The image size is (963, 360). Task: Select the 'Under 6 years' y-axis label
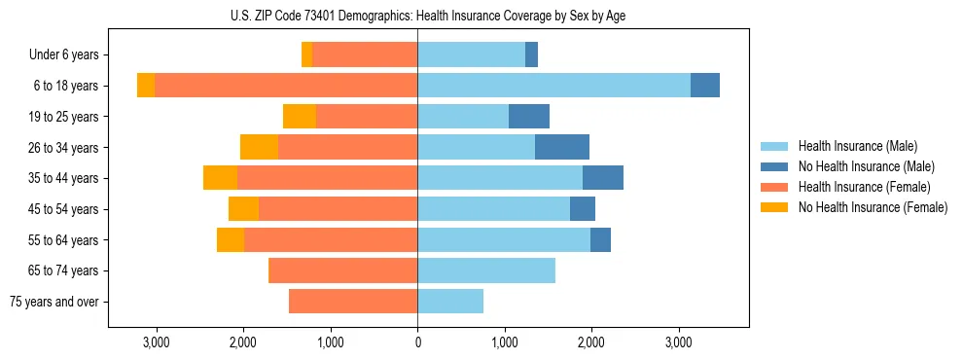coord(64,55)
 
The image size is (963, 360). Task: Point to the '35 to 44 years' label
coord(64,178)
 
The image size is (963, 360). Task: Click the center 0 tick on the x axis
coord(417,342)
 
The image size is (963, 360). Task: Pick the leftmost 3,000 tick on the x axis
coord(157,342)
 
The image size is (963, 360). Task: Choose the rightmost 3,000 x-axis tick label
coord(678,342)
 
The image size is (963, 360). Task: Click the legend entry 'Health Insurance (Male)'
coord(857,146)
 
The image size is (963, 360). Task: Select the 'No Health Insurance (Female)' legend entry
coord(873,207)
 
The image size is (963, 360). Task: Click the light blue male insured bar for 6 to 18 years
coord(553,86)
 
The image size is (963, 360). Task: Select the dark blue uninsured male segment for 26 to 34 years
coord(562,147)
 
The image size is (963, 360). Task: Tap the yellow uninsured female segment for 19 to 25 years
coord(300,117)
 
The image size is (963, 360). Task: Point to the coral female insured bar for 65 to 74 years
coord(342,270)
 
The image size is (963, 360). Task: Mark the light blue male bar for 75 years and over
coord(450,302)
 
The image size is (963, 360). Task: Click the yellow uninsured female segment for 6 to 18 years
coord(146,86)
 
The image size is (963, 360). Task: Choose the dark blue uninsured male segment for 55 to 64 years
coord(600,239)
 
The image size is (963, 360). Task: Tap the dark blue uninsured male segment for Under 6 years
coord(531,55)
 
